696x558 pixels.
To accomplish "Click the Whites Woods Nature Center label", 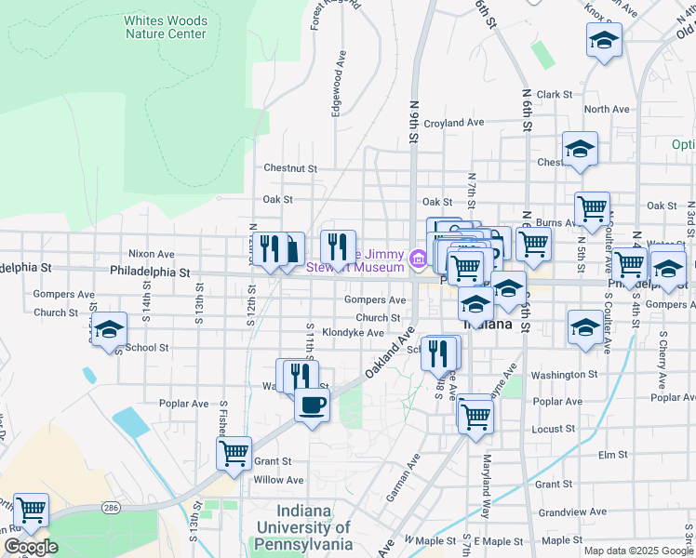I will pyautogui.click(x=165, y=27).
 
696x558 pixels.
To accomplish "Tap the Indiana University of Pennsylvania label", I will pyautogui.click(x=303, y=527).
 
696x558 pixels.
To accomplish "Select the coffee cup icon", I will pyautogui.click(x=312, y=405).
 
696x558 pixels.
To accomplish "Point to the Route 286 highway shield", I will pyautogui.click(x=111, y=508).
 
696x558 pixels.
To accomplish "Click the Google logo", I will pyautogui.click(x=31, y=547).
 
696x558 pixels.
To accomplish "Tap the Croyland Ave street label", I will pyautogui.click(x=454, y=123).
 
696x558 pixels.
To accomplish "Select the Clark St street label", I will pyautogui.click(x=554, y=95).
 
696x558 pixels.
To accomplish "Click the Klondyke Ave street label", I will pyautogui.click(x=353, y=332).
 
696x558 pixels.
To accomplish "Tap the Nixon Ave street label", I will pyautogui.click(x=152, y=253).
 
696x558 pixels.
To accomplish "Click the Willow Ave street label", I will pyautogui.click(x=279, y=480).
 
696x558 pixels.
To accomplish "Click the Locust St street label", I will pyautogui.click(x=554, y=429).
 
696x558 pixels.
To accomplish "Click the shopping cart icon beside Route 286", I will pyautogui.click(x=32, y=509).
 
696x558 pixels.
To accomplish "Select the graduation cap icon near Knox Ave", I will pyautogui.click(x=604, y=40).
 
